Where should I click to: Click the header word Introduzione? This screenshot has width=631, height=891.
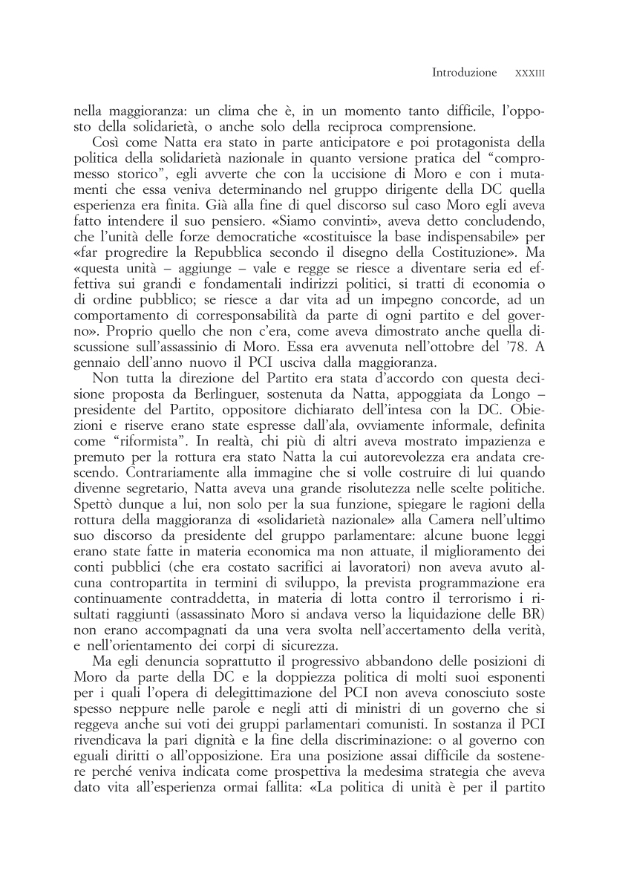[x=464, y=73]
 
